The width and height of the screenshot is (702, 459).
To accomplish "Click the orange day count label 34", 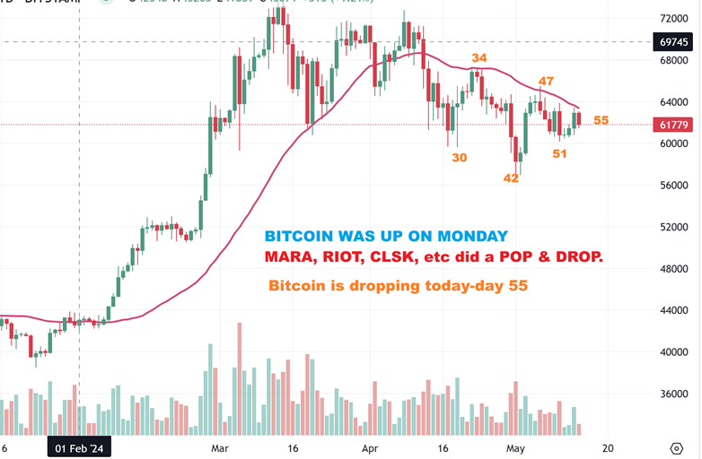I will click(480, 59).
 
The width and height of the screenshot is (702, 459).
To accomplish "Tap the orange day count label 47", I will click(546, 82).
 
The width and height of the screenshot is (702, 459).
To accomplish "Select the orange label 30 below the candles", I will click(459, 157).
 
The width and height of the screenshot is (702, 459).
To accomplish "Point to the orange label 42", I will click(511, 178).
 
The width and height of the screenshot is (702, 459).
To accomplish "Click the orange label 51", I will click(559, 153).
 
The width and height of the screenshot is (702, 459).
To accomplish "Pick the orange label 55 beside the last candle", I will click(601, 120).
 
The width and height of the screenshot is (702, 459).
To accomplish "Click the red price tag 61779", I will click(672, 125).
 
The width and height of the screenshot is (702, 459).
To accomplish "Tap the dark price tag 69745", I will click(672, 41).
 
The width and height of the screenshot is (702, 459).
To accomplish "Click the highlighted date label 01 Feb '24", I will click(80, 447).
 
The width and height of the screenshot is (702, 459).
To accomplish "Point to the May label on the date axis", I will click(515, 447).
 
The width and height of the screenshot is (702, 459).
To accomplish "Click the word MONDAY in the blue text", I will click(473, 236).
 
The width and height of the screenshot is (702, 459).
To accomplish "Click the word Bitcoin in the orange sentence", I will click(297, 287).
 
